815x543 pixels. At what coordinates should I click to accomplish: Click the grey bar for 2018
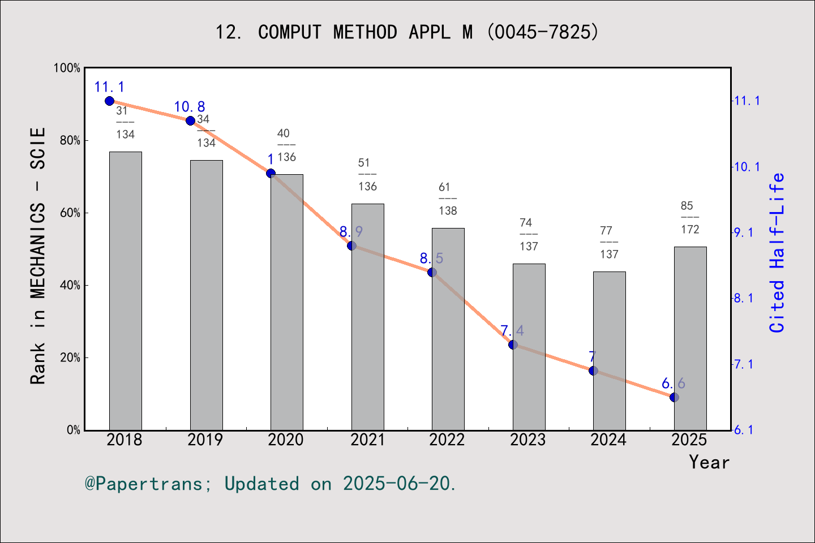125,291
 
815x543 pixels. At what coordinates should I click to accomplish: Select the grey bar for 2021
367,317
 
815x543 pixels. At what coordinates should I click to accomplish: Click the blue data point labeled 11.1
110,101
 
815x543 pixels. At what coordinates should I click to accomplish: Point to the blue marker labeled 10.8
190,120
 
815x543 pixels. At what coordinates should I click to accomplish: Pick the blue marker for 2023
513,344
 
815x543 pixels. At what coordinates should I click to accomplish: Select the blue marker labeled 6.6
674,397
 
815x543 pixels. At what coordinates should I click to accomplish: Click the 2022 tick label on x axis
447,439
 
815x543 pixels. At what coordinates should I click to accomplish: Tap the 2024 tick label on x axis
608,439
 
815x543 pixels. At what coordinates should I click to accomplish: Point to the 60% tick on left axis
70,213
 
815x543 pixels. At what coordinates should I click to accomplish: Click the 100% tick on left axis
67,68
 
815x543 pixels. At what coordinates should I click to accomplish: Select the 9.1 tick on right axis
747,232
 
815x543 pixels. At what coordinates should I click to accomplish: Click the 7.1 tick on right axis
747,364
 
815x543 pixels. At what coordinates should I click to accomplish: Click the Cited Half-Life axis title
777,252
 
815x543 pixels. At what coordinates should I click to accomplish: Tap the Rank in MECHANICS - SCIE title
38,256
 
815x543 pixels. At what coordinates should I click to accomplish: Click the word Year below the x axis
709,462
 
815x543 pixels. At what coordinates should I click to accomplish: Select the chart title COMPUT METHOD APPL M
406,32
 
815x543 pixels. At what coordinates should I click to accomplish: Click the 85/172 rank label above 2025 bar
689,217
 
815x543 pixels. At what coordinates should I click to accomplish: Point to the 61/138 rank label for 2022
447,199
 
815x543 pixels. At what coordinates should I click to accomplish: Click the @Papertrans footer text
270,484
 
